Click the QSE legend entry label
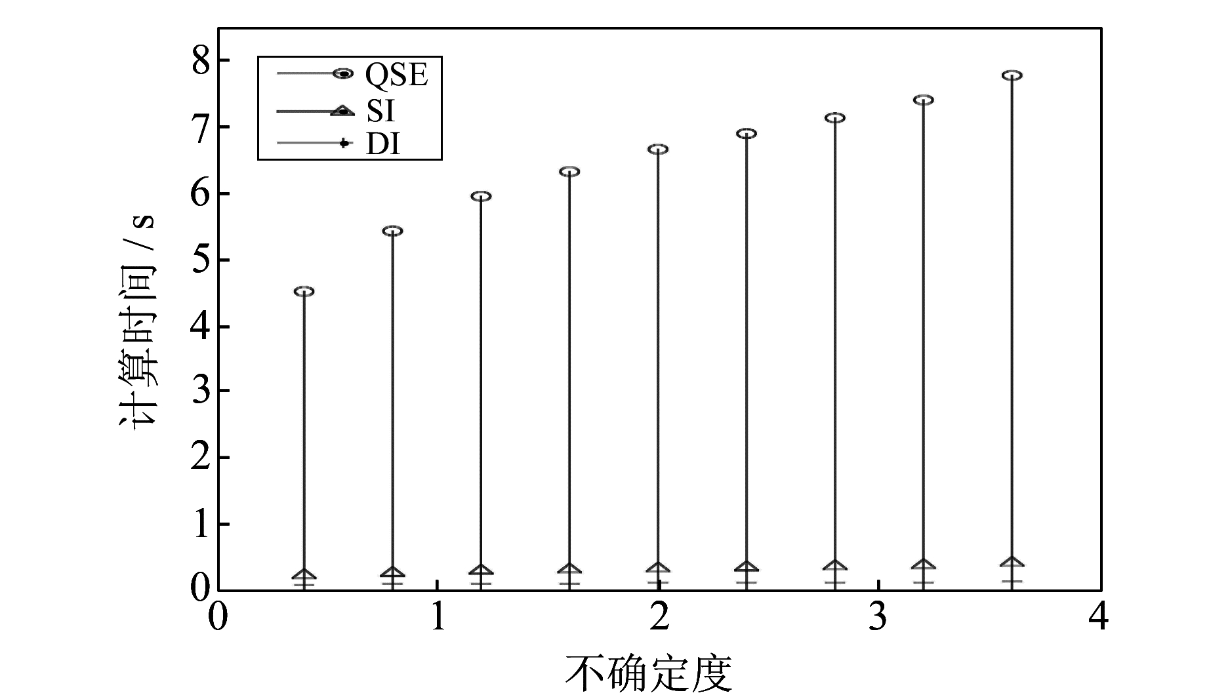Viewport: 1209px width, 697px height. click(x=396, y=75)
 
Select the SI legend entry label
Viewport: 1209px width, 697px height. click(x=380, y=111)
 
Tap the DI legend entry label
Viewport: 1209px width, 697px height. click(x=382, y=144)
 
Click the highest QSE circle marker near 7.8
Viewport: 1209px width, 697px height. click(x=1012, y=75)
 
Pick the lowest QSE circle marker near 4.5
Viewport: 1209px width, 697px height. click(x=304, y=291)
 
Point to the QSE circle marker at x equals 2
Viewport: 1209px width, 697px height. click(x=658, y=149)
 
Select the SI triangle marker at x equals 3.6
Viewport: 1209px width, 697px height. click(x=1012, y=563)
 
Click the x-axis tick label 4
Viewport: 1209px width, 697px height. click(x=1100, y=617)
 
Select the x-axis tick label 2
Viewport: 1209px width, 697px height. click(x=659, y=617)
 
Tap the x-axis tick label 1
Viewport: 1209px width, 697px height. click(x=438, y=617)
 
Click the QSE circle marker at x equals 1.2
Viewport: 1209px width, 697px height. click(x=482, y=196)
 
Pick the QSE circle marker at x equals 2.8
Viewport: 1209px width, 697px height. click(x=835, y=118)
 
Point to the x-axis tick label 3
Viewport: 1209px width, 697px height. click(x=879, y=617)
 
